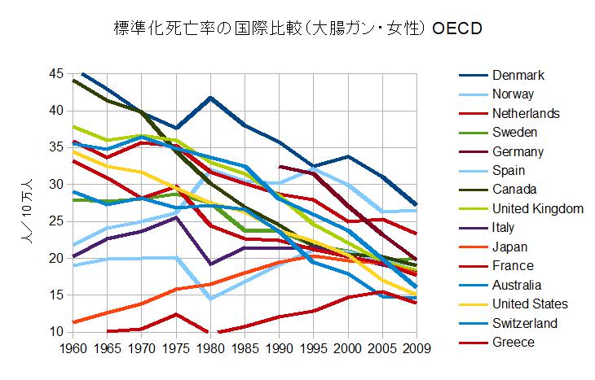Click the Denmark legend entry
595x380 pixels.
point(518,76)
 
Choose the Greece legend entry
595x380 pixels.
point(513,342)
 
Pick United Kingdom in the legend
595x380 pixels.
point(537,209)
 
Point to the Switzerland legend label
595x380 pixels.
point(525,323)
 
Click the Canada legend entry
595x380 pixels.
point(514,190)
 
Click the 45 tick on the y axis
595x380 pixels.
point(57,74)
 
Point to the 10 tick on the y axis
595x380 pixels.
point(57,332)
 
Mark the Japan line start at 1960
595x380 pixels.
point(74,322)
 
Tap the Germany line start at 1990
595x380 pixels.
point(280,167)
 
